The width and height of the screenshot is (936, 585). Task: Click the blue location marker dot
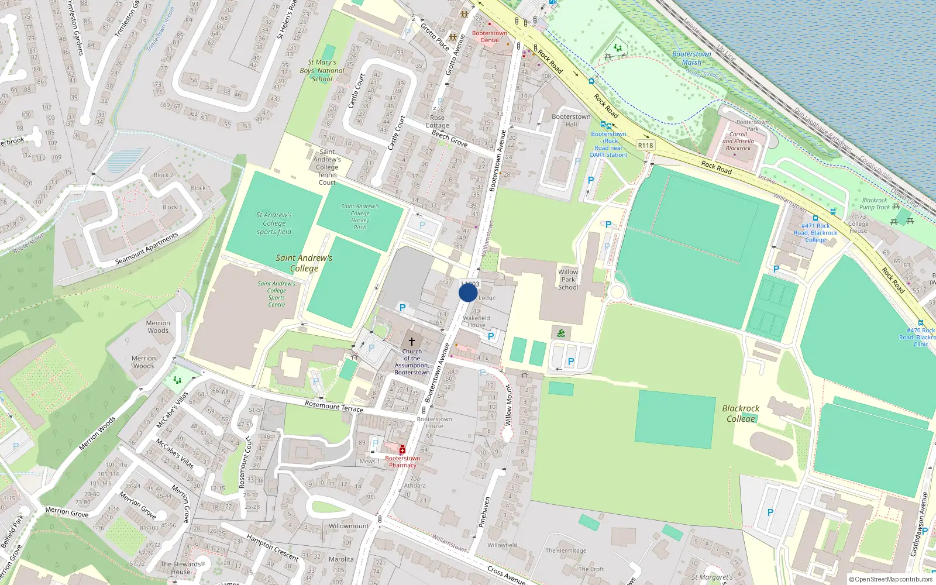coord(468,292)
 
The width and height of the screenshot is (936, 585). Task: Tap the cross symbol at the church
coord(412,341)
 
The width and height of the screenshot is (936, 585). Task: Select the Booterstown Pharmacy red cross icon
coord(402,450)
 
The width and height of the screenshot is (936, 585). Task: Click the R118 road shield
coord(645,146)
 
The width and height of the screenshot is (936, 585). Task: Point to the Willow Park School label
coord(568,280)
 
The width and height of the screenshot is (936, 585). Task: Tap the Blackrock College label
coord(741,413)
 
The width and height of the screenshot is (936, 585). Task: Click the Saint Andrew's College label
coord(304,263)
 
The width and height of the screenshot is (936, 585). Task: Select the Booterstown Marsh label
coord(691,58)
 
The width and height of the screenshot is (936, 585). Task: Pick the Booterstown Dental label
coord(490,36)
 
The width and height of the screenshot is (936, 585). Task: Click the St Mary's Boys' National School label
coord(322,70)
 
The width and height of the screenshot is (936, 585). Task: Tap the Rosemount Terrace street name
coord(334,406)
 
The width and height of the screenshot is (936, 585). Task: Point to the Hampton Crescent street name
coord(272,548)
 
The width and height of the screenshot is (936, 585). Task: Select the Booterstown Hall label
coord(571,120)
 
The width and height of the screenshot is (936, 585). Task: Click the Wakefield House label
coord(476,321)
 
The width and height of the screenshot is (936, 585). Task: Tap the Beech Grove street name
coord(449,138)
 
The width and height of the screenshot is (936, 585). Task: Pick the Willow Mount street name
coord(508,405)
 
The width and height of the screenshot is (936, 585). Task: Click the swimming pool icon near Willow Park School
coord(561,333)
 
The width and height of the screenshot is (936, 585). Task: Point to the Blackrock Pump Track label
coord(875,204)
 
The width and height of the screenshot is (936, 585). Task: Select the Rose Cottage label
coord(437,121)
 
